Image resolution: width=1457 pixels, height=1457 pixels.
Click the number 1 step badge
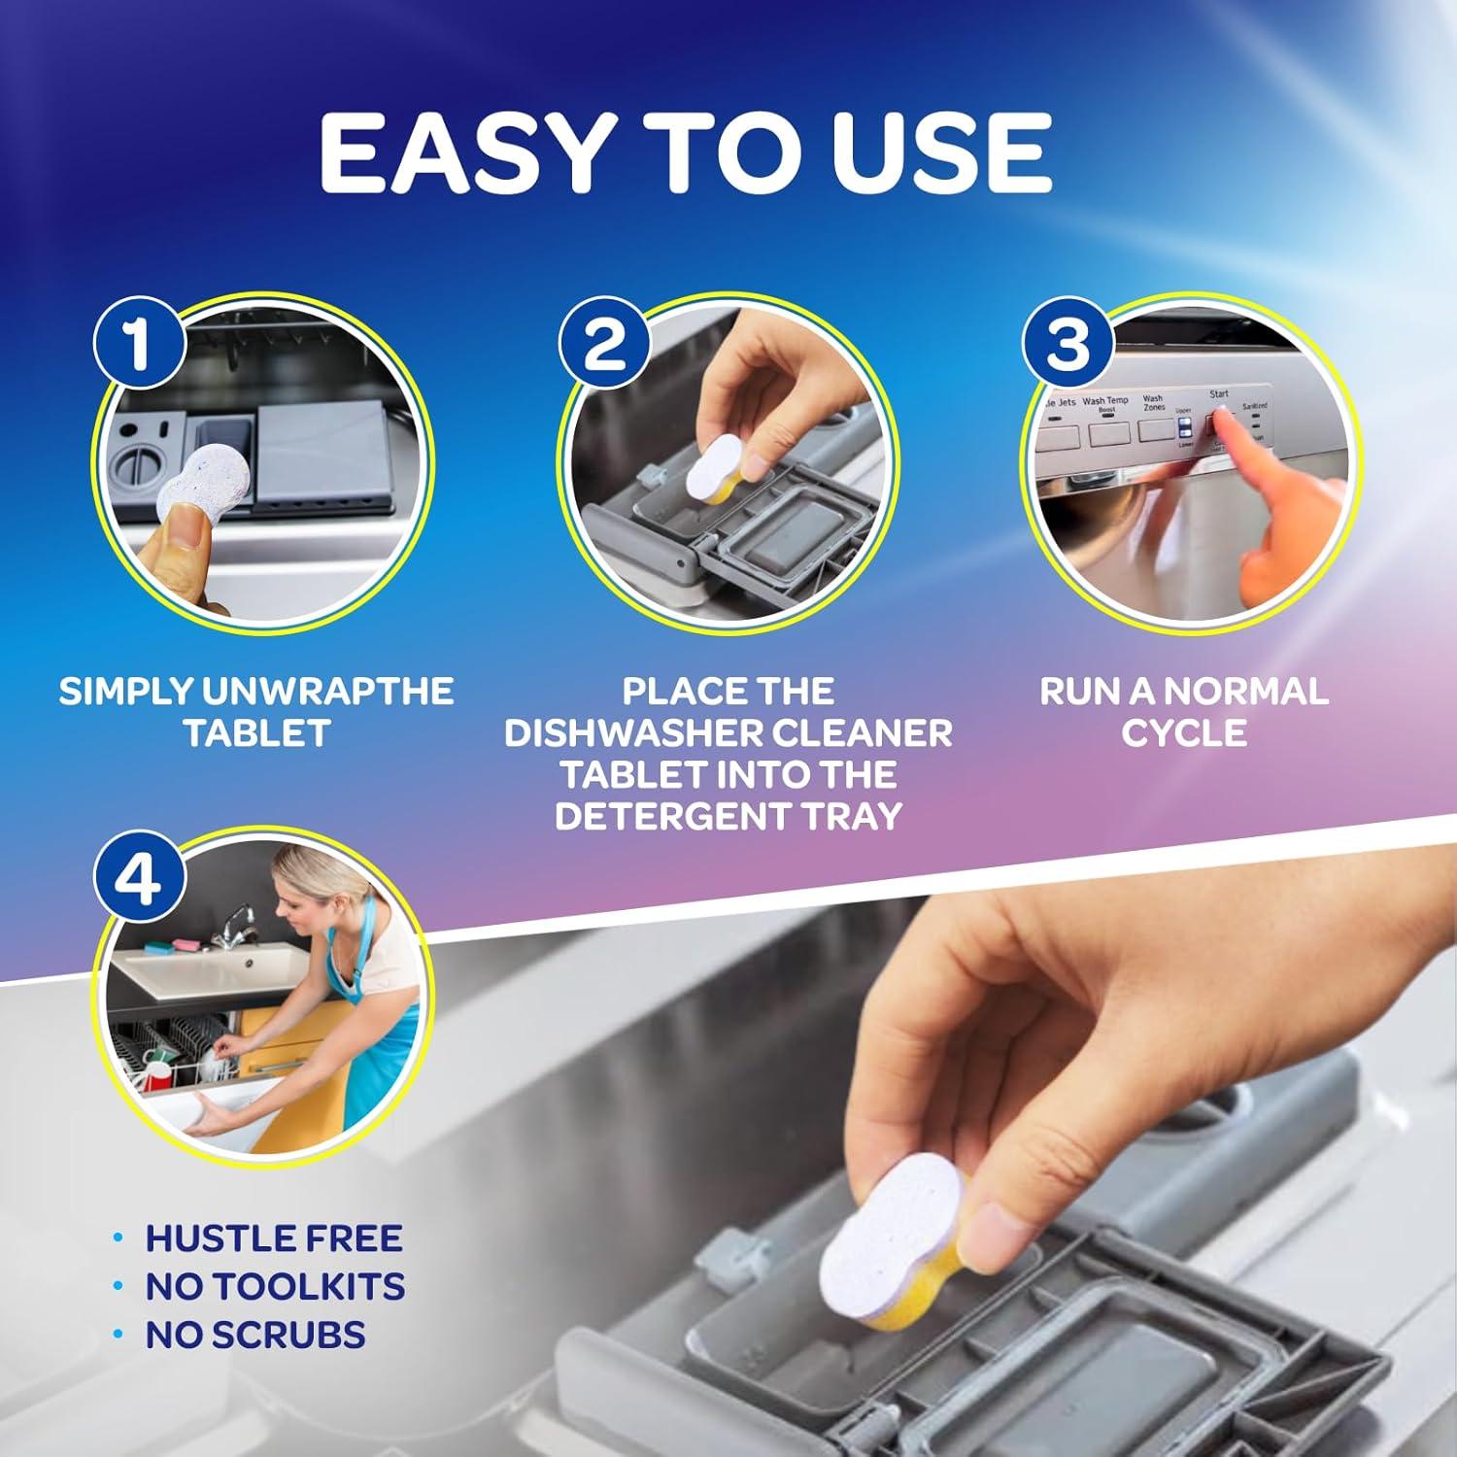[139, 343]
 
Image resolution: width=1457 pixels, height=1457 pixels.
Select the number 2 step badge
[604, 343]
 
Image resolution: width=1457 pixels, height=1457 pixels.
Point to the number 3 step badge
[1068, 343]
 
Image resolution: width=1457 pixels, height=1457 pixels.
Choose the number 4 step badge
[139, 880]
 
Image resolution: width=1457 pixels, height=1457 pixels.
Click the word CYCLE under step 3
[1183, 732]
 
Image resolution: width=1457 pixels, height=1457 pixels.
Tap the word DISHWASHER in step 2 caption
[622, 732]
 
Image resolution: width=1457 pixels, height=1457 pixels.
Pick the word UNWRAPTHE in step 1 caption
[327, 691]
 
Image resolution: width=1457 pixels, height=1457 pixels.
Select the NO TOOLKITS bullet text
[275, 1286]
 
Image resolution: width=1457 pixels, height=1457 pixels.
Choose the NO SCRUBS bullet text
[254, 1335]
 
